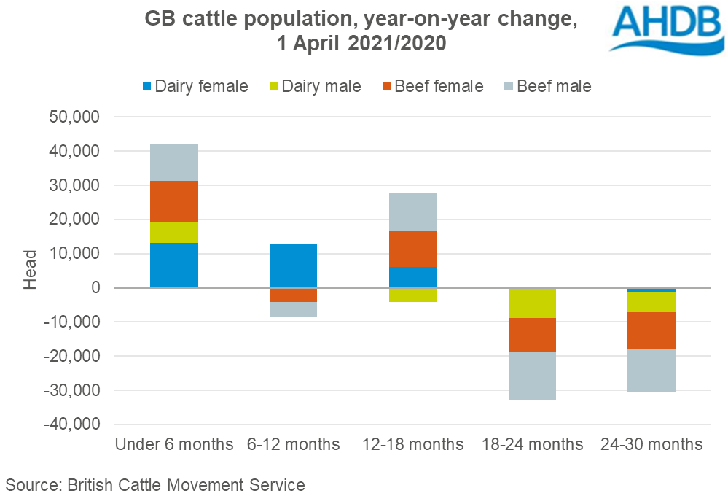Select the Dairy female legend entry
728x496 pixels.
tap(195, 86)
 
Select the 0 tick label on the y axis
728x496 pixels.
tap(94, 288)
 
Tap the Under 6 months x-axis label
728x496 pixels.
tap(173, 444)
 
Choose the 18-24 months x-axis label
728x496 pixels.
tap(532, 444)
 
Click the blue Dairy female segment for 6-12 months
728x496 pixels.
tap(293, 266)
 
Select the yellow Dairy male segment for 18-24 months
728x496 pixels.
tap(532, 303)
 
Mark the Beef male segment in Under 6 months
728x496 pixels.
tap(174, 162)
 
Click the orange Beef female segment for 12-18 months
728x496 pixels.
tap(412, 249)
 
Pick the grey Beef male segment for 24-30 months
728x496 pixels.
tap(651, 371)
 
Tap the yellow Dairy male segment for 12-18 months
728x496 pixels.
tap(412, 295)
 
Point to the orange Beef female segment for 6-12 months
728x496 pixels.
tap(293, 295)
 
